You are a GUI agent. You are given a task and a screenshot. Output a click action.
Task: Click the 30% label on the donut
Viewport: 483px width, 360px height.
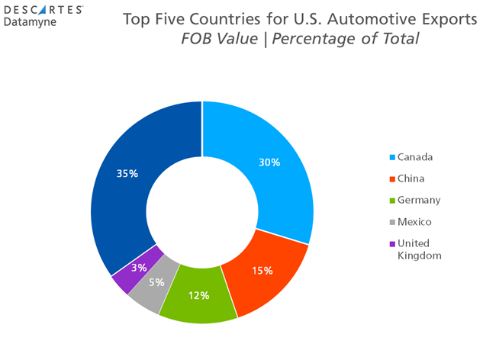[269, 162]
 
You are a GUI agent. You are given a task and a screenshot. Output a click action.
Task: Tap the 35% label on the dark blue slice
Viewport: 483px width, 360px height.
[127, 174]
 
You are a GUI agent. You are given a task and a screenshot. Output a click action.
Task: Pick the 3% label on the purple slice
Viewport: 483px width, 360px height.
[138, 268]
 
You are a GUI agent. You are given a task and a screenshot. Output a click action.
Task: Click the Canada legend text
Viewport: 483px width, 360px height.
[415, 157]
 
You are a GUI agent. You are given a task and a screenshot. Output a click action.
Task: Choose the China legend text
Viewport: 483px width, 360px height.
[411, 178]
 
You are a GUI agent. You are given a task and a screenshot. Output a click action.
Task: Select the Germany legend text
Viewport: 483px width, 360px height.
[419, 200]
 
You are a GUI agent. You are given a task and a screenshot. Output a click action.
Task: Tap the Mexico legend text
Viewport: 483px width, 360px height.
[414, 222]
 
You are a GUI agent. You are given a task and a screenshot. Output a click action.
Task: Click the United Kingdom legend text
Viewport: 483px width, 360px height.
[420, 249]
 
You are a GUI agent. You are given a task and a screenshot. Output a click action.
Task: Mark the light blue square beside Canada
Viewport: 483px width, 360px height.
[392, 158]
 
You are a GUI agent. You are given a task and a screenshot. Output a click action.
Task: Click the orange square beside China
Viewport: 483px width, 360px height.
[392, 179]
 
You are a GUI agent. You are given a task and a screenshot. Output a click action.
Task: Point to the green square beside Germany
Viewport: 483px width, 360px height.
[392, 201]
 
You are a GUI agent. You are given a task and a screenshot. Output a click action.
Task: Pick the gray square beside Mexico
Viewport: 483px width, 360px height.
[392, 222]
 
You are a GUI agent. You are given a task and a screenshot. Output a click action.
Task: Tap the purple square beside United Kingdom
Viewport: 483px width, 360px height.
[392, 244]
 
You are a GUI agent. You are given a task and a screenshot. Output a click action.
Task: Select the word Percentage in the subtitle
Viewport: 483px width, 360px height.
[323, 39]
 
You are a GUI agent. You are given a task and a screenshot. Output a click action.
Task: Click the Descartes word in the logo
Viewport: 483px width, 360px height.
[50, 9]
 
